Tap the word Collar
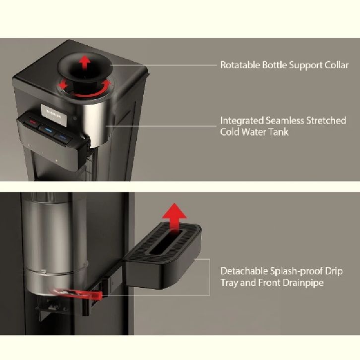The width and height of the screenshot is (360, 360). coord(336,65)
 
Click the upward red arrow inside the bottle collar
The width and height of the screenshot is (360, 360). coord(85,62)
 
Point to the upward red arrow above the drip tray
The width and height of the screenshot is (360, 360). coord(174,215)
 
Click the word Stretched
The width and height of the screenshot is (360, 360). coord(325,120)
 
